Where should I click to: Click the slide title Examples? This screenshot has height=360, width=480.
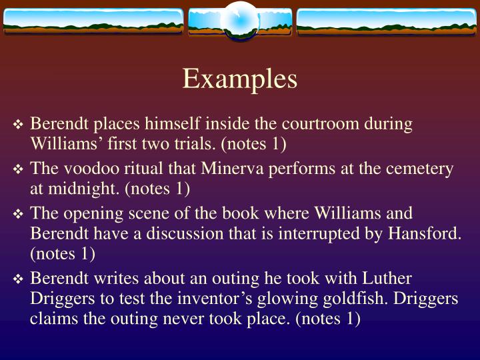[x=240, y=79]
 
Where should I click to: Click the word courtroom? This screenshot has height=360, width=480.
[x=317, y=125]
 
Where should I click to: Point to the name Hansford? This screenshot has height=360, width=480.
[x=427, y=233]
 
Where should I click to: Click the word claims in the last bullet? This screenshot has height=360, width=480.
[x=52, y=317]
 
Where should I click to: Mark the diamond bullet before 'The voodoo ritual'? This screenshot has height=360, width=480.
[x=19, y=170]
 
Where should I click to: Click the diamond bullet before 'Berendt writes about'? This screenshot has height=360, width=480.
[x=19, y=279]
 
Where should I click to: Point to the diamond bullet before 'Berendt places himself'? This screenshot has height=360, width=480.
[x=19, y=125]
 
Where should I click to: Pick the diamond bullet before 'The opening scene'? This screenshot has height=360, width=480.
[x=19, y=215]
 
